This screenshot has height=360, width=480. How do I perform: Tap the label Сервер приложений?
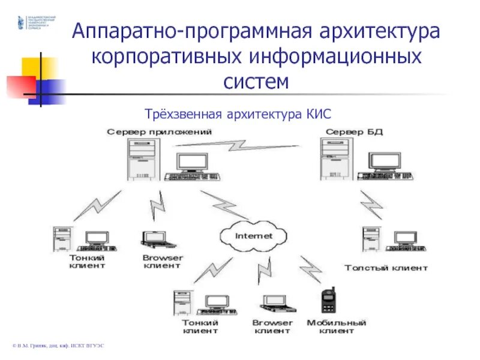pos(158,131)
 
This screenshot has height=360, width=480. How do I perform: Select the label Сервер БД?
pos(354,131)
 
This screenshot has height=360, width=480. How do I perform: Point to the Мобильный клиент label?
pos(336,326)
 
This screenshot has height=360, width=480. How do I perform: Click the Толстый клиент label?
pos(386,268)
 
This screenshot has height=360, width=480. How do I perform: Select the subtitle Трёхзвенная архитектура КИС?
pos(238,113)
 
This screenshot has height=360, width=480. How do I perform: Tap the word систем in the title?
pos(256,81)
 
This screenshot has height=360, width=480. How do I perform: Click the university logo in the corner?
pos(22,22)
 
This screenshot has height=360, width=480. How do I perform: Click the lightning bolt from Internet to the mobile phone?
pos(310,269)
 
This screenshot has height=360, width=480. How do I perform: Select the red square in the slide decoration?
pos(19,86)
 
